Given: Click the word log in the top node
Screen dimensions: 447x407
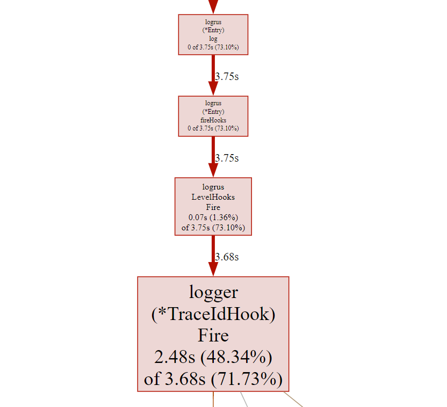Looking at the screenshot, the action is click(213, 39).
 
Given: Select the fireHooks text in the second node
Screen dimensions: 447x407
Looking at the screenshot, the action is click(213, 120).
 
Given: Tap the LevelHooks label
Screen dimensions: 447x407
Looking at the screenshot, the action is click(213, 197).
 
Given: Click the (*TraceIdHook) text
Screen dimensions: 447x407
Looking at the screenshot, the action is click(213, 314).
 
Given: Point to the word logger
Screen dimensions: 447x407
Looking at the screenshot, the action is click(213, 292).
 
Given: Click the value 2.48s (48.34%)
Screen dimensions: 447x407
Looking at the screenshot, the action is click(213, 357).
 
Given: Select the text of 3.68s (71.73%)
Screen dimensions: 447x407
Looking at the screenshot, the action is click(213, 379).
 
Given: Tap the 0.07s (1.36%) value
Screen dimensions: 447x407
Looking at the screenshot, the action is click(213, 217).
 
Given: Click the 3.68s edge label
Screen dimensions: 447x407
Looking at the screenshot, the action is click(227, 257).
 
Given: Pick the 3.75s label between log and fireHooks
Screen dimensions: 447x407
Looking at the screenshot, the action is click(227, 76).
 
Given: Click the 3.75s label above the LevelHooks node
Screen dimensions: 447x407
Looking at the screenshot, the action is click(227, 158).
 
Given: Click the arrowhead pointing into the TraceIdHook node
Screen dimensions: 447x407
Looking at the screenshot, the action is click(213, 269).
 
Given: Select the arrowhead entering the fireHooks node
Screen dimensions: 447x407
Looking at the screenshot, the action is click(213, 89).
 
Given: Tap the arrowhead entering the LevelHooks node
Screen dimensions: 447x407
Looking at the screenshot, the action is click(213, 171).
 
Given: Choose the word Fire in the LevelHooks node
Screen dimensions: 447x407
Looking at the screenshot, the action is click(213, 207).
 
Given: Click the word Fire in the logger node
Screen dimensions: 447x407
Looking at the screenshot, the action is click(213, 336).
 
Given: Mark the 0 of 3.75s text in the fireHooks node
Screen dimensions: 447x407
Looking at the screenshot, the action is click(213, 128).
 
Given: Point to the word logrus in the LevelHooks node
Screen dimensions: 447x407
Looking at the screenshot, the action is click(213, 187).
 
